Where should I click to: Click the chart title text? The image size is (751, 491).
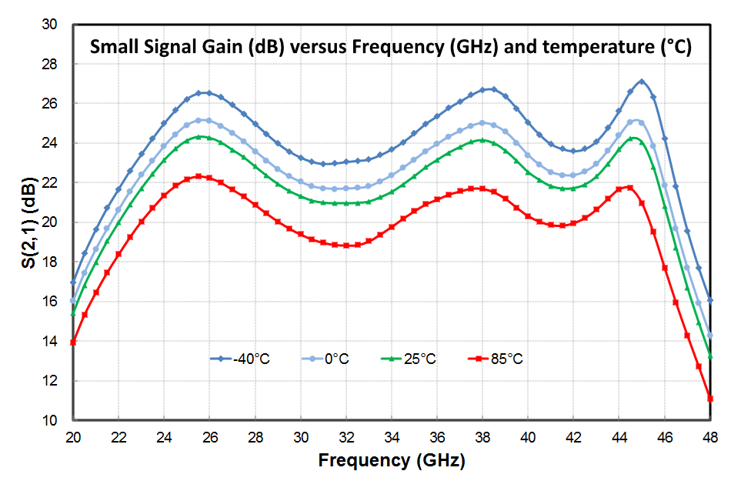click(x=391, y=46)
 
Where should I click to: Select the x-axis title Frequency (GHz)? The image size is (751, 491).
click(x=391, y=461)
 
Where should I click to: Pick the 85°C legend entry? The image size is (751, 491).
click(x=499, y=359)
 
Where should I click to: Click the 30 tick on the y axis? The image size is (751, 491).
click(x=50, y=24)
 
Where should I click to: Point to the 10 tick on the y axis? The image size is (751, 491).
click(x=50, y=421)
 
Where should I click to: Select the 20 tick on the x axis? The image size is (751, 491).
click(x=73, y=436)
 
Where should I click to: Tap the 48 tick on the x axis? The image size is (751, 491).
click(x=710, y=436)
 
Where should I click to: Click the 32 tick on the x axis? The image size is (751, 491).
click(x=346, y=436)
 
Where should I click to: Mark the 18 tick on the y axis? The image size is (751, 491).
click(x=50, y=262)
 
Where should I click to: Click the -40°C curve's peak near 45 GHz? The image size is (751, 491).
click(x=642, y=82)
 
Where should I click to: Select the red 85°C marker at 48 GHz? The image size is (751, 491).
click(x=710, y=398)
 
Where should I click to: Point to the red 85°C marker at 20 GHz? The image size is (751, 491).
click(x=73, y=342)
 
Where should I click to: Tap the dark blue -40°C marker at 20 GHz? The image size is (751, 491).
click(x=73, y=282)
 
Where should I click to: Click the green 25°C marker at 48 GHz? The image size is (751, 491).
click(x=710, y=356)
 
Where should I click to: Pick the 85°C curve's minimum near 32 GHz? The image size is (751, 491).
click(x=346, y=245)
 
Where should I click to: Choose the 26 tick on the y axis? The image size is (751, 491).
click(x=50, y=103)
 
